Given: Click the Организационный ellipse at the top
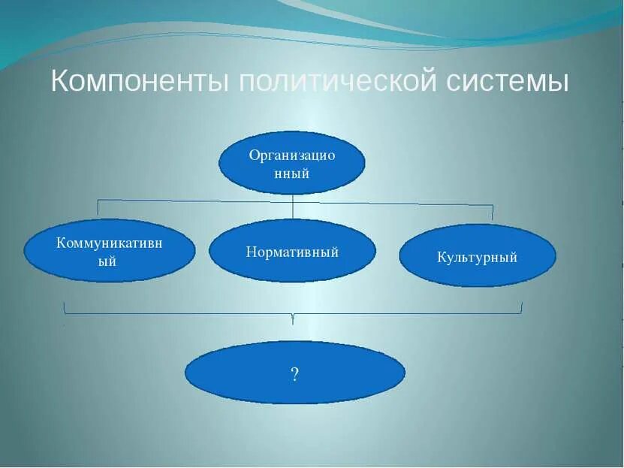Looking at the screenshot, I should tap(291, 163).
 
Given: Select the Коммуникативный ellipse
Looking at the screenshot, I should tap(110, 251).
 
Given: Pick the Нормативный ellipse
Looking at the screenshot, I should tap(292, 251).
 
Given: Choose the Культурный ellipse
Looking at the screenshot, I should tap(477, 256).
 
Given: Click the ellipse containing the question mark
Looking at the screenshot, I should tap(294, 373).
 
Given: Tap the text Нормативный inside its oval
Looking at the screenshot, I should tap(292, 252).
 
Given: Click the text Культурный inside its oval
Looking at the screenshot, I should tap(477, 258).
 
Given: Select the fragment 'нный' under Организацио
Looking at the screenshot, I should tap(291, 174).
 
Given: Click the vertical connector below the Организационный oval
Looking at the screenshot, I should tap(292, 206).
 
